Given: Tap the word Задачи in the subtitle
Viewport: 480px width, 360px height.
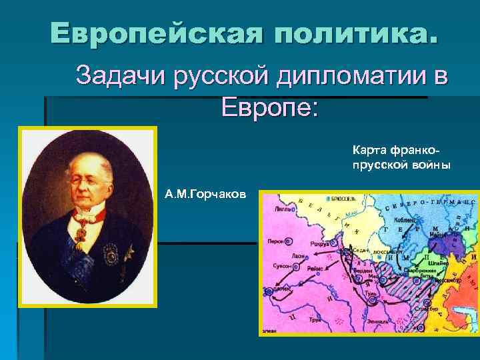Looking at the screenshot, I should point(121,75).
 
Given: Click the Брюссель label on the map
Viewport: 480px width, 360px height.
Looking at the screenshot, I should point(343,199).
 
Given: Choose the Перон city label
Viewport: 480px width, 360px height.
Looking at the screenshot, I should point(275,241).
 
